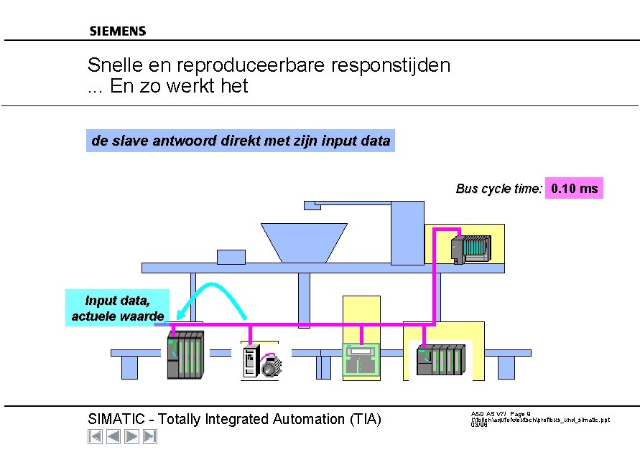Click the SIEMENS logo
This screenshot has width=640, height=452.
click(x=118, y=31)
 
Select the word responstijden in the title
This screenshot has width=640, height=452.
click(x=391, y=65)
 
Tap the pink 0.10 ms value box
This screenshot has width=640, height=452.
click(x=574, y=189)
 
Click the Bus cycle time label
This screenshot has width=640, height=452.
click(x=498, y=189)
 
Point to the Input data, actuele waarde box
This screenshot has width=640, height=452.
click(x=117, y=308)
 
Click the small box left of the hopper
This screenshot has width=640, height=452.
click(x=231, y=256)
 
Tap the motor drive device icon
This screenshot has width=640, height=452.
click(x=261, y=360)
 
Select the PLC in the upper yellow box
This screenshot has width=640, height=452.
click(x=470, y=248)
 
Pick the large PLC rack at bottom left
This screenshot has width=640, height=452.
click(x=185, y=354)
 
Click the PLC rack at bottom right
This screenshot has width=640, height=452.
click(x=441, y=359)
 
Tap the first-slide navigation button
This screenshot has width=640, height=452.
click(x=95, y=436)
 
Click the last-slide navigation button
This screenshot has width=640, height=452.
click(x=150, y=436)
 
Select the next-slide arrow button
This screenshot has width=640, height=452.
click(x=131, y=436)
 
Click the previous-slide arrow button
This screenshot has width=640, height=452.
click(x=113, y=436)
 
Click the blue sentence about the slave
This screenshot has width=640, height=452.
click(x=241, y=141)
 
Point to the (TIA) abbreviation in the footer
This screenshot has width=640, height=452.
click(x=363, y=419)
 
